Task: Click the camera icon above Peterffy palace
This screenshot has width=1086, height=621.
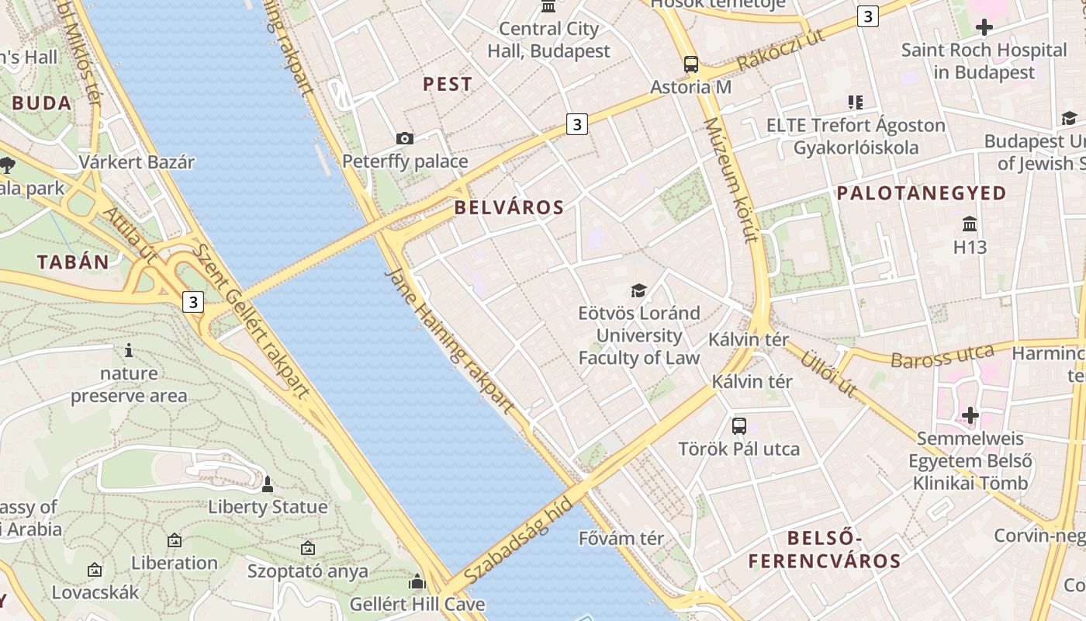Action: [x=405, y=139]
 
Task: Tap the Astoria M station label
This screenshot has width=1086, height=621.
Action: [x=690, y=87]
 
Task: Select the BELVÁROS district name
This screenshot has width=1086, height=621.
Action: [x=509, y=207]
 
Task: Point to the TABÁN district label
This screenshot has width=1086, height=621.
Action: [x=73, y=262]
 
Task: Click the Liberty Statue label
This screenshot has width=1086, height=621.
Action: [x=268, y=508]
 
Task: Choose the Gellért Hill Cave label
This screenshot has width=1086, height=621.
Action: [x=417, y=604]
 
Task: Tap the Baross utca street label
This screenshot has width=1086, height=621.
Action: [x=942, y=356]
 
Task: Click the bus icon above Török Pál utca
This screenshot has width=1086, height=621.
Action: [x=739, y=425]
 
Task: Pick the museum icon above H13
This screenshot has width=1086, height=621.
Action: [x=970, y=224]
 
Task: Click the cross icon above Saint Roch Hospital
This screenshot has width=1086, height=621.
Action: [x=984, y=28]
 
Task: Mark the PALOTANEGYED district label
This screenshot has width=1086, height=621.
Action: [x=922, y=193]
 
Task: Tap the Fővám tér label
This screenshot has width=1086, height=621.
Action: [x=621, y=538]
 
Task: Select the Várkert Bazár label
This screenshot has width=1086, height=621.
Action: [x=137, y=162]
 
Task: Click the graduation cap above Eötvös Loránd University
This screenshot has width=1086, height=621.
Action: [x=638, y=290]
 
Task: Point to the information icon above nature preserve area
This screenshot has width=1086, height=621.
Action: [x=129, y=351]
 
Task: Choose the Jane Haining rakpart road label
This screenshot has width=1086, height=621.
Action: [x=450, y=342]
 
